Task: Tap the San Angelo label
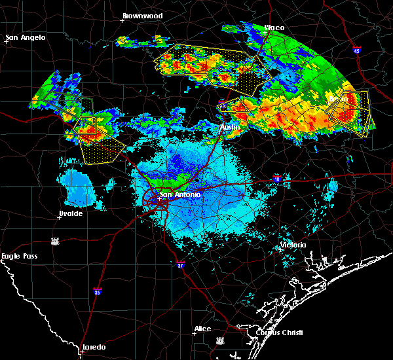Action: coord(27,37)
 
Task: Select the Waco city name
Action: coord(274,28)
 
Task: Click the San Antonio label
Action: coord(180,194)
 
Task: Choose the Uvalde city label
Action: coord(70,213)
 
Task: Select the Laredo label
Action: coord(94,347)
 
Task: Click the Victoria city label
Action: coord(293,245)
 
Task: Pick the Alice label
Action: coord(202,329)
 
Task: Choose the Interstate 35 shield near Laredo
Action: coord(97,292)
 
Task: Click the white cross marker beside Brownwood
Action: coord(122,20)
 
